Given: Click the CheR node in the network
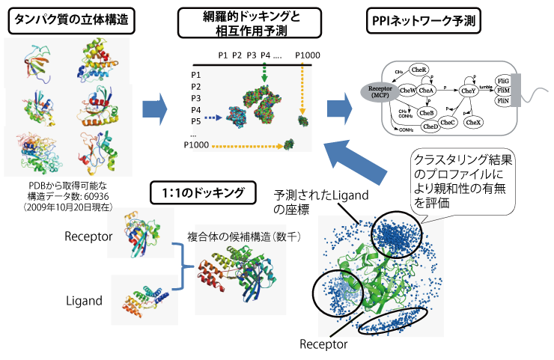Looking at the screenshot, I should (419, 70).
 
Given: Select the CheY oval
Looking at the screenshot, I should (469, 91).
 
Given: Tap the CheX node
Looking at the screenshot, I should (473, 121).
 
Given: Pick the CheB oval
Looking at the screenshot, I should (427, 112).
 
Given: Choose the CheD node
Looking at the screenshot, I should (430, 126).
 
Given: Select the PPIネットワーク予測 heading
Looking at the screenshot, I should (424, 21).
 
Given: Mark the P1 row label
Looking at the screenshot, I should (196, 75).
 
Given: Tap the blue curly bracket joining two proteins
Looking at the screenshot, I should (182, 266).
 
